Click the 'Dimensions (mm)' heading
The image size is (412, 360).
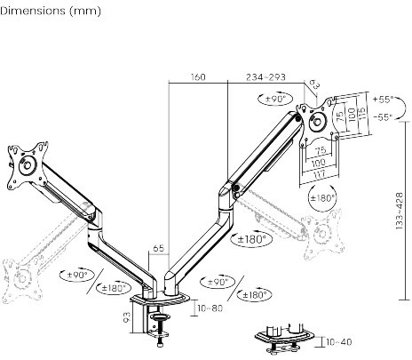coord(51,11)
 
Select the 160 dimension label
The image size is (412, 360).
coord(198,77)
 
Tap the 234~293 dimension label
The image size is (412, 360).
coord(265,77)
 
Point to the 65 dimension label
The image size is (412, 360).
coord(158,248)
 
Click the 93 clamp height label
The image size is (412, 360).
coord(126,317)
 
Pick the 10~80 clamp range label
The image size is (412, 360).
coord(210,308)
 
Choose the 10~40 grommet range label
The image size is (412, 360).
coord(339,342)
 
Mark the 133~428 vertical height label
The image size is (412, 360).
coord(400,211)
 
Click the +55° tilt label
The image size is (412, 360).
coord(384,100)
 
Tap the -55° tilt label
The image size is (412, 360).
coord(384,117)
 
